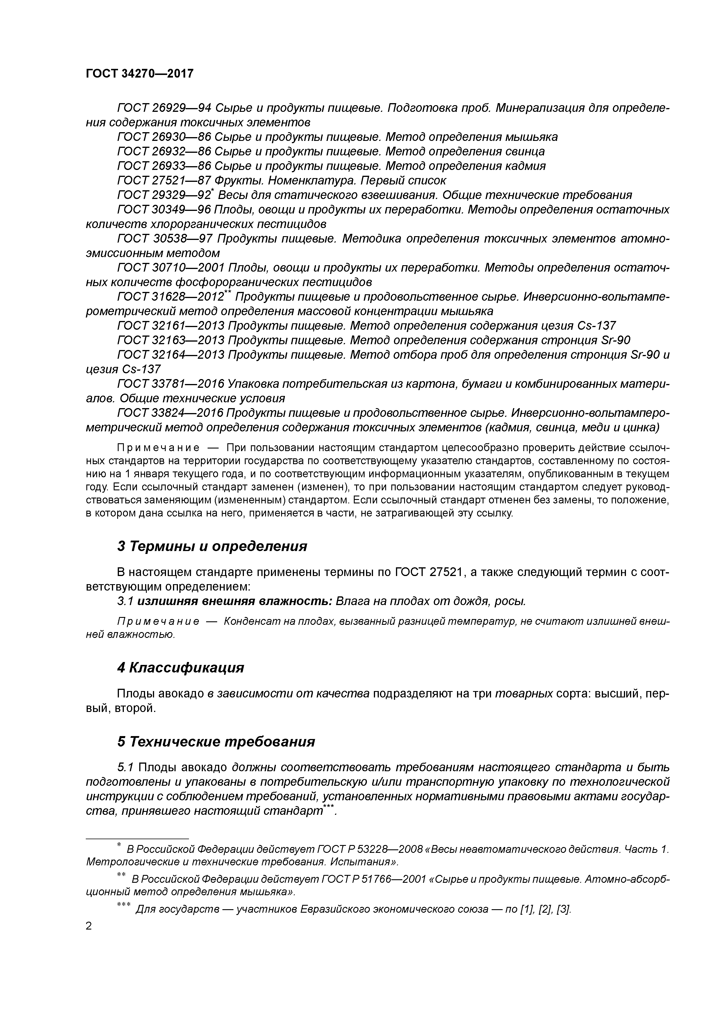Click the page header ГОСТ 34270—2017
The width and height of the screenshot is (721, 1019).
tap(140, 73)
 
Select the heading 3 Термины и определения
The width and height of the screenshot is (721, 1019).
tap(212, 546)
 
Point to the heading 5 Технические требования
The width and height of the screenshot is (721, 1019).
tap(216, 742)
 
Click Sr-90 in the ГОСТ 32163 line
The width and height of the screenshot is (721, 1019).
tap(615, 340)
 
